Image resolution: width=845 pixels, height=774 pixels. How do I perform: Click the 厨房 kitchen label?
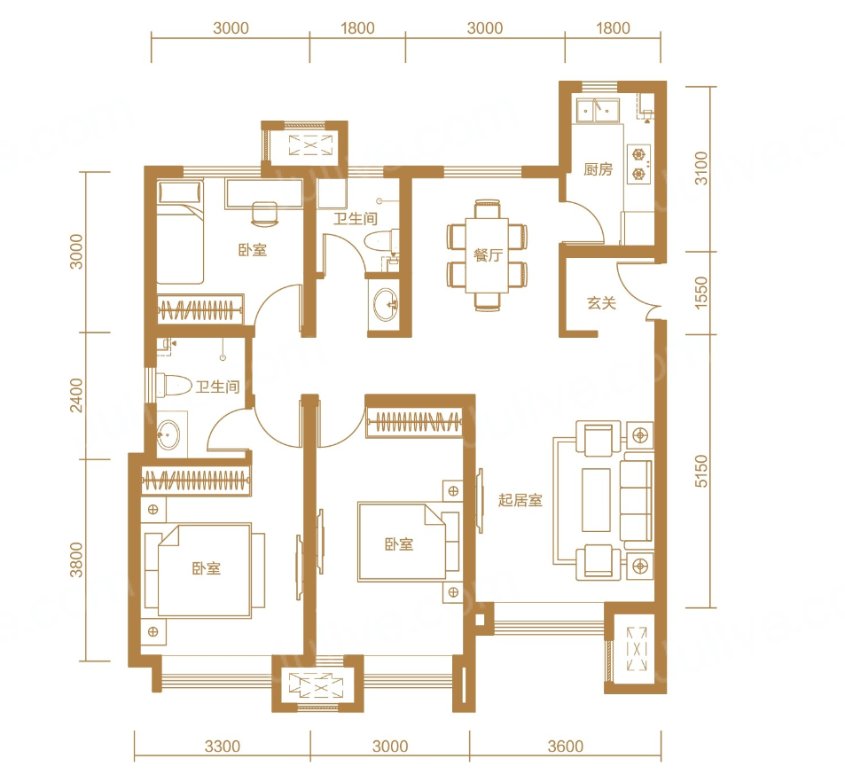[598, 169]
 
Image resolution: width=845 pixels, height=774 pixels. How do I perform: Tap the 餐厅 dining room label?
[488, 255]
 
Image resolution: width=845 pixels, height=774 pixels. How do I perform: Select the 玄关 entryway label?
[601, 303]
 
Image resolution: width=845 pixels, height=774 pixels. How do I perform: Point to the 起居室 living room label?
[520, 500]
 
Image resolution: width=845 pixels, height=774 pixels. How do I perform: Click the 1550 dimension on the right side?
[700, 293]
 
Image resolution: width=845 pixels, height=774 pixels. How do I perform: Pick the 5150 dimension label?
[700, 471]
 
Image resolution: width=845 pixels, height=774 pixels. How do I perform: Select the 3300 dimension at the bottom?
[222, 747]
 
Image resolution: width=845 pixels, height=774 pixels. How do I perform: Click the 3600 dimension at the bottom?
[566, 747]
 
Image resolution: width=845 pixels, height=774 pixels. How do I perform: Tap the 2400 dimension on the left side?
[76, 395]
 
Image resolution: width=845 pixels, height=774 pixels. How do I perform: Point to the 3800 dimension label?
[76, 560]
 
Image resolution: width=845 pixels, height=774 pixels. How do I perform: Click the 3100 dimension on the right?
[700, 168]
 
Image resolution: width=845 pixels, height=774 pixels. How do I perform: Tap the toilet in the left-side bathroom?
[174, 386]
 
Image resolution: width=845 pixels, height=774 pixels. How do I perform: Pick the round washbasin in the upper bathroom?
[385, 304]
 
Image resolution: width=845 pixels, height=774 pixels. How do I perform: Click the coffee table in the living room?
[596, 500]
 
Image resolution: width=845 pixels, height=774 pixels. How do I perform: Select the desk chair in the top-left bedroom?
[264, 214]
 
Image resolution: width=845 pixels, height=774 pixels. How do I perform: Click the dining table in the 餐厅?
[487, 255]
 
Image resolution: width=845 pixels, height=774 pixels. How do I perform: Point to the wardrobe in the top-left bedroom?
[200, 309]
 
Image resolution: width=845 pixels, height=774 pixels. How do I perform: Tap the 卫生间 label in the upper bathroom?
[356, 218]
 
